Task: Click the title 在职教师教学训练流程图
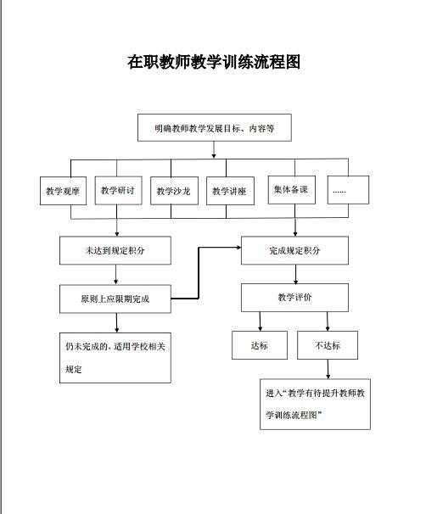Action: click(x=214, y=62)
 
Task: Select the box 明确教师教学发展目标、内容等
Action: click(x=215, y=127)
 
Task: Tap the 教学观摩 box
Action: click(x=63, y=191)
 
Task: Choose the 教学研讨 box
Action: click(x=119, y=190)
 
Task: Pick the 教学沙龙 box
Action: click(x=174, y=191)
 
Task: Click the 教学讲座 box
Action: click(x=230, y=191)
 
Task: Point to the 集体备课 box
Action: click(x=292, y=190)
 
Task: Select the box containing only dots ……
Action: click(x=348, y=190)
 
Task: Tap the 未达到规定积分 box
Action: click(x=115, y=250)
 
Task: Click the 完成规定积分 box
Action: click(x=294, y=250)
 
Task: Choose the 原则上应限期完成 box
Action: click(x=115, y=299)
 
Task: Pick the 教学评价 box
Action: click(x=294, y=298)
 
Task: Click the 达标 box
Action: click(x=260, y=345)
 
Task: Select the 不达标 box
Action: click(x=328, y=345)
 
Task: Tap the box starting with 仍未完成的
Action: click(x=115, y=358)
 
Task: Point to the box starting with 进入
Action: click(x=315, y=405)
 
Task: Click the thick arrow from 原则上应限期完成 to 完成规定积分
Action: click(x=199, y=273)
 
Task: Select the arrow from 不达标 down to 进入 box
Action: click(x=328, y=369)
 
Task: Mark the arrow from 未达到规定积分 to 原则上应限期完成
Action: click(x=115, y=274)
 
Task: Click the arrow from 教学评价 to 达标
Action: click(x=260, y=321)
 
